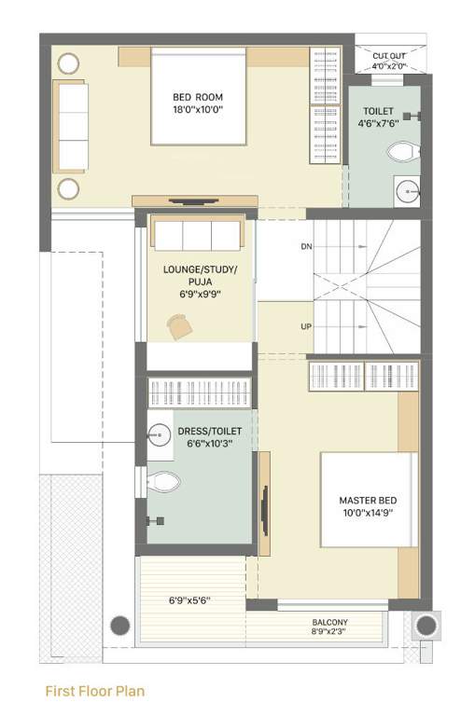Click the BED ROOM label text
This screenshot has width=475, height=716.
[197, 96]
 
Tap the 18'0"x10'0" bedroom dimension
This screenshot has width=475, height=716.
[197, 109]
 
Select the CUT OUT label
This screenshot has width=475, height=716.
[389, 55]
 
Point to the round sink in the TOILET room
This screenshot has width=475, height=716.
[408, 189]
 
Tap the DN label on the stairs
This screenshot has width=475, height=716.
[306, 247]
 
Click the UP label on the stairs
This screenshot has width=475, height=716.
[306, 327]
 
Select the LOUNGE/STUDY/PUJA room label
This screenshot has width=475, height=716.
[200, 279]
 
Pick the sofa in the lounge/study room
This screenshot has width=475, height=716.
[197, 234]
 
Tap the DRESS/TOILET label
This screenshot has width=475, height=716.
[210, 432]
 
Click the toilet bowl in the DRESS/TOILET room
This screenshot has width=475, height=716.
[163, 482]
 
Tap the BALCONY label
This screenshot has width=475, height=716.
[330, 623]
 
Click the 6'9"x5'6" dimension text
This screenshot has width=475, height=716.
[189, 600]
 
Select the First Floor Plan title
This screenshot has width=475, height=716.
[95, 692]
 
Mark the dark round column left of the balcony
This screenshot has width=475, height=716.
[119, 625]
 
